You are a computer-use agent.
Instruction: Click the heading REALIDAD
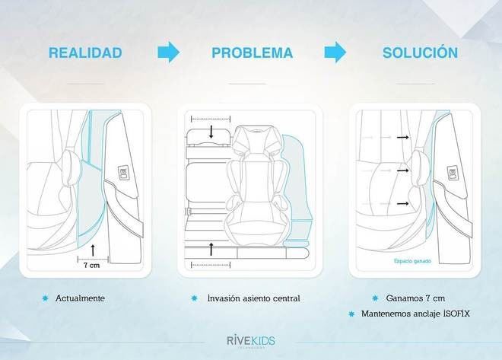[x=84, y=53]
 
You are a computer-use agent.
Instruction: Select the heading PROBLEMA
[x=252, y=53]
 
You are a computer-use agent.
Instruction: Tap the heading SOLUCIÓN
[x=420, y=53]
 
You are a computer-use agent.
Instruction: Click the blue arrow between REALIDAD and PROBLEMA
[x=168, y=52]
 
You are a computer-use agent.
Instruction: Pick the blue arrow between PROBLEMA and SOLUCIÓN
[x=335, y=52]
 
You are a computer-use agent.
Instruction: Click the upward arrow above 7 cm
[x=94, y=249]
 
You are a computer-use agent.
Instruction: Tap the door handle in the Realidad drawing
[x=122, y=174]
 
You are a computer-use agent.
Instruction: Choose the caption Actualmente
[x=80, y=298]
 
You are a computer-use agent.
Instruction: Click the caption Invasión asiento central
[x=253, y=298]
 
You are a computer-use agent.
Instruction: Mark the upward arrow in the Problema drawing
[x=211, y=249]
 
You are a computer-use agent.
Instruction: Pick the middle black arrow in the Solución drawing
[x=402, y=170]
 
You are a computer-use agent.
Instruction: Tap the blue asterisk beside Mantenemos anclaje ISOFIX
[x=351, y=314]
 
